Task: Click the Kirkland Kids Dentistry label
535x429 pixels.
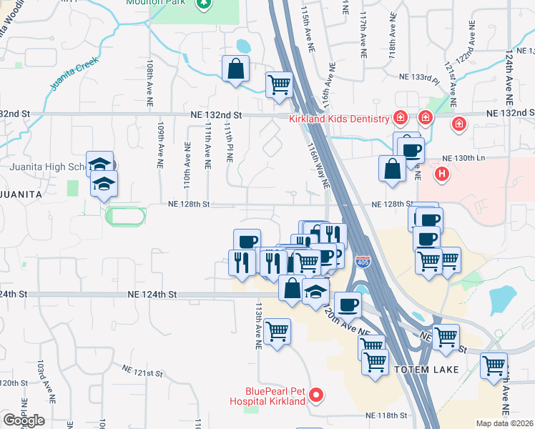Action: [338, 119]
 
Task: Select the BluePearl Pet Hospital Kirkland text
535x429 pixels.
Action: [275, 395]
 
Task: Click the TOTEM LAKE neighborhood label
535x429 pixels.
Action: [420, 369]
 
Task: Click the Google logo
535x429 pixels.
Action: [23, 420]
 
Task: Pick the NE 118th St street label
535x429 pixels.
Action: [386, 415]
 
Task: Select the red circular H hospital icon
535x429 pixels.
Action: [443, 172]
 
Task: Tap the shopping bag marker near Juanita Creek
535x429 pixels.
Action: [235, 69]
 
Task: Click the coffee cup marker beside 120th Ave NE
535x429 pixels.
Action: [348, 304]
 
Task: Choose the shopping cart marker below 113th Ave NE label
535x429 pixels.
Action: [276, 331]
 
